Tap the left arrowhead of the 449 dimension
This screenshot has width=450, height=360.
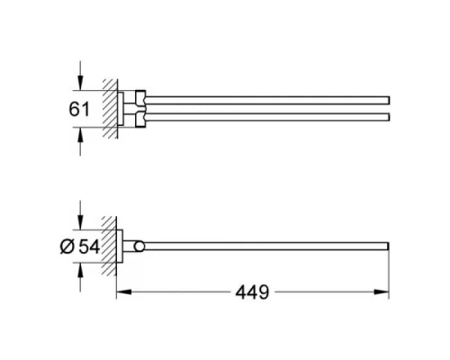tap(122, 292)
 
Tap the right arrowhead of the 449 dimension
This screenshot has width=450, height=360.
tap(384, 292)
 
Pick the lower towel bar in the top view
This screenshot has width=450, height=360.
tap(270, 118)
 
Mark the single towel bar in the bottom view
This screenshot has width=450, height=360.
tap(270, 247)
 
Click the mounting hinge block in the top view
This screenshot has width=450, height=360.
tap(137, 107)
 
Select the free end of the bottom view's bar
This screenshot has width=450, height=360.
tap(386, 247)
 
